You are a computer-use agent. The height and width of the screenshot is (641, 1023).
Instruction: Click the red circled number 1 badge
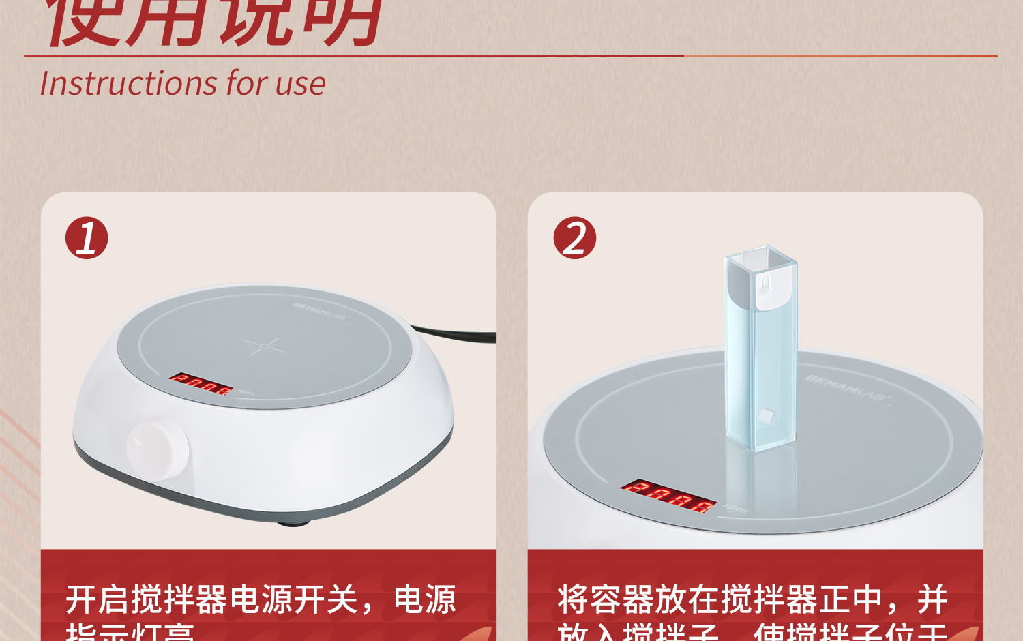[87, 238]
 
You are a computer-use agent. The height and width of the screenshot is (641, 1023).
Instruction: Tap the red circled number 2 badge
[575, 238]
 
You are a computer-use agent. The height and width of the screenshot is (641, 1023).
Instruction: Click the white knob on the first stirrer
[158, 450]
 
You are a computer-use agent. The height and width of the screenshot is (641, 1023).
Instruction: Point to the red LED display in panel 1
[201, 384]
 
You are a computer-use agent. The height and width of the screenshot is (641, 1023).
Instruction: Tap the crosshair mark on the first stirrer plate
[265, 346]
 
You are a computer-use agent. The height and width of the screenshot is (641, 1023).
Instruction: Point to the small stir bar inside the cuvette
[767, 415]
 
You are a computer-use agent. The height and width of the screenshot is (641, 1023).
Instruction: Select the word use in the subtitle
[301, 84]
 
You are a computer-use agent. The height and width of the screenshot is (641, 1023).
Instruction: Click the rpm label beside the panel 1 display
[246, 392]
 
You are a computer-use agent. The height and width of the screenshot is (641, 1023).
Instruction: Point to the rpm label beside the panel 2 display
[736, 508]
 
